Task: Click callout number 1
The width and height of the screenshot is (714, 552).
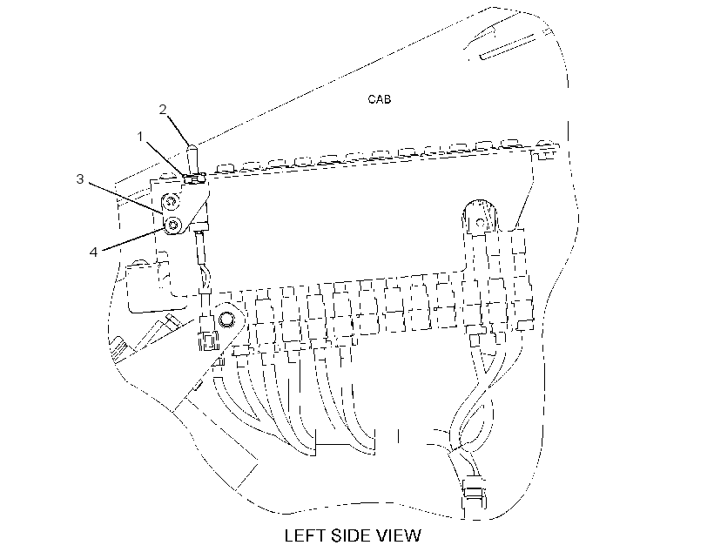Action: tap(140, 136)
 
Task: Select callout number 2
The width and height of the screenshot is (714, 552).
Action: tap(163, 110)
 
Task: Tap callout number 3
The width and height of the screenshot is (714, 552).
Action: tap(80, 179)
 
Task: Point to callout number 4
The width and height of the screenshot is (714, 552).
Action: tap(93, 252)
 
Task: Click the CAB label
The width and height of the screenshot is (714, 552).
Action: tap(380, 99)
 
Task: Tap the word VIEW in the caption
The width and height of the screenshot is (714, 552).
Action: tap(400, 535)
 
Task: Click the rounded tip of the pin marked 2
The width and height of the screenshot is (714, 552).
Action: tap(192, 148)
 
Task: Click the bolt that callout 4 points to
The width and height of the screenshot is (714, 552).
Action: tap(173, 224)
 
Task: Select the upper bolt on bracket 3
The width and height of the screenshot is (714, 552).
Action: tap(172, 200)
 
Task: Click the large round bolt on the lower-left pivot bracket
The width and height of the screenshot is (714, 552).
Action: tap(225, 320)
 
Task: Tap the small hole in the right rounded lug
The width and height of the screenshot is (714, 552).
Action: tap(479, 223)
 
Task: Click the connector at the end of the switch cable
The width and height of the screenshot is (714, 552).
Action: tap(207, 340)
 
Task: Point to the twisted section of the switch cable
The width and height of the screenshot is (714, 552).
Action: tap(205, 278)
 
